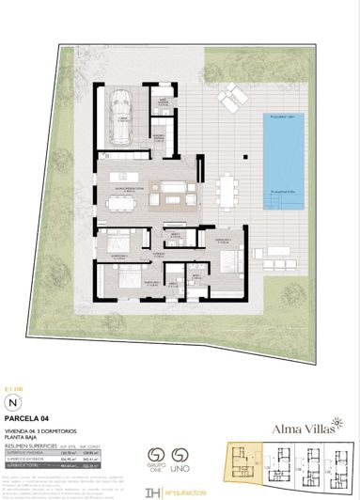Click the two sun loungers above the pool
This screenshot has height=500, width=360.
(230, 95)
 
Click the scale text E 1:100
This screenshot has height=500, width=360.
(12, 357)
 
